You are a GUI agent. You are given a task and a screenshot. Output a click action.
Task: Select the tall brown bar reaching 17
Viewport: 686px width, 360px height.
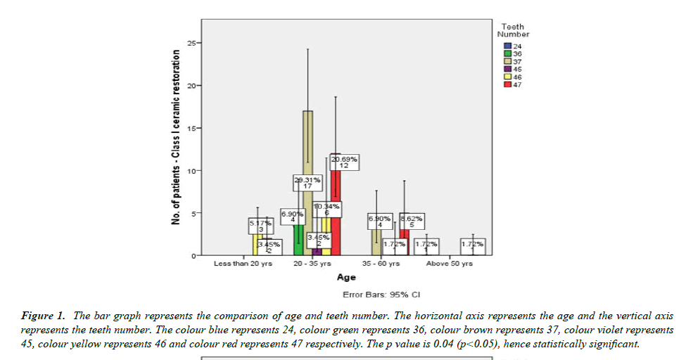(x=308, y=141)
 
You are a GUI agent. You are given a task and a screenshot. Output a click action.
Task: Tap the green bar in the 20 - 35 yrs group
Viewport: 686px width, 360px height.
(x=298, y=239)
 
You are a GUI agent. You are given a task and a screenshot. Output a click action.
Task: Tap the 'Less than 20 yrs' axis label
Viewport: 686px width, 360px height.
(x=243, y=264)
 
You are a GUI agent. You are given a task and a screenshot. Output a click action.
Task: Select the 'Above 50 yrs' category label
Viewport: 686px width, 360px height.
(x=449, y=264)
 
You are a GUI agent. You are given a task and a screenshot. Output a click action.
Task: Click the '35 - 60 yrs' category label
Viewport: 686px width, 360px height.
(x=381, y=264)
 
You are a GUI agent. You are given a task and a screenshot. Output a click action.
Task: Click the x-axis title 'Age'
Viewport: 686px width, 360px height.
(x=346, y=277)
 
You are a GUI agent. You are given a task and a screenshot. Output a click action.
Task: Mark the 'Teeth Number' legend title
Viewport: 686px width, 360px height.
(x=513, y=30)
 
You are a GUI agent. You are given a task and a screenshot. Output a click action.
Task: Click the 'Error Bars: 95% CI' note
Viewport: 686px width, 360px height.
(x=381, y=295)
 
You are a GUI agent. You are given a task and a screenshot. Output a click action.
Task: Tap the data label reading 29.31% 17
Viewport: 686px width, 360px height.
(x=307, y=183)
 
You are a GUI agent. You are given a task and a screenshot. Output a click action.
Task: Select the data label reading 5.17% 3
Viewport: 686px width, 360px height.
(x=260, y=226)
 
